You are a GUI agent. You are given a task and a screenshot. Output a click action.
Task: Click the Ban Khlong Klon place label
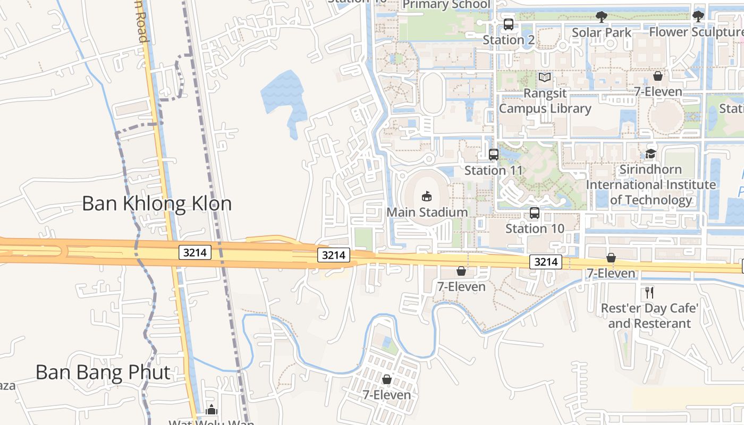(x=157, y=203)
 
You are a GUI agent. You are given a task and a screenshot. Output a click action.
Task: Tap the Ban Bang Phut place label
(x=103, y=372)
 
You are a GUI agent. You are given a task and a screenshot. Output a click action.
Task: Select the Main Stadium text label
(x=427, y=212)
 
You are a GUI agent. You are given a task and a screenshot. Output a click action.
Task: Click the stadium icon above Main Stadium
(x=427, y=197)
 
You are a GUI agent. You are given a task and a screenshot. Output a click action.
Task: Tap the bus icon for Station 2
(x=509, y=24)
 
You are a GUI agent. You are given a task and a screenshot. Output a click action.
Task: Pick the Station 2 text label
(x=509, y=40)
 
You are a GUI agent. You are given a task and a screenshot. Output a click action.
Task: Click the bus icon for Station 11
(x=494, y=155)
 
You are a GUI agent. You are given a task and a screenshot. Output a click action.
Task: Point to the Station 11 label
(x=494, y=171)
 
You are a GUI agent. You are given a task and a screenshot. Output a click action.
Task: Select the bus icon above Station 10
(x=535, y=213)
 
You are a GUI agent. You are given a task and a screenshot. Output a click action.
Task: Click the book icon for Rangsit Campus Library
(x=545, y=78)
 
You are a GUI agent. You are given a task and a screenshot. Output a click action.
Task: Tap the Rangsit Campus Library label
(x=545, y=101)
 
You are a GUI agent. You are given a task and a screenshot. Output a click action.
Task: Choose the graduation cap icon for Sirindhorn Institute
(x=651, y=154)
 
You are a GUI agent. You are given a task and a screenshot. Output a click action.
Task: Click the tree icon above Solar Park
(x=602, y=17)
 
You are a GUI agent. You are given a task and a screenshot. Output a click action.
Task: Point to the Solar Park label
(x=602, y=32)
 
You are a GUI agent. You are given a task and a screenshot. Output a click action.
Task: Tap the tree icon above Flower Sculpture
(x=698, y=16)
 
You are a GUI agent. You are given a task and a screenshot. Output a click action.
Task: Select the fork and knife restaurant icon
(x=649, y=292)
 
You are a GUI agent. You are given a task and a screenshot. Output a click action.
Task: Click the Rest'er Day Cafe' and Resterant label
(x=649, y=316)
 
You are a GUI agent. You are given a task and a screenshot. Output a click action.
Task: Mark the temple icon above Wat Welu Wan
(x=212, y=410)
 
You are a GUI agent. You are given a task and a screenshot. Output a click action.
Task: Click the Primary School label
(x=446, y=5)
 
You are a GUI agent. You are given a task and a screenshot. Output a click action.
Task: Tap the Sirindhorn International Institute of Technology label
(x=651, y=185)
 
